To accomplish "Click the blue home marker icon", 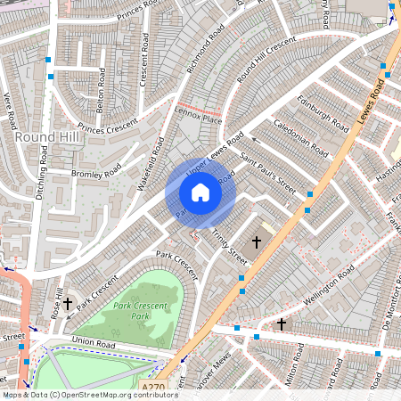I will pos(200,192).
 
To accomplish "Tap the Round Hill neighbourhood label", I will pos(48,137).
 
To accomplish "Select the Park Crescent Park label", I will pos(128,311).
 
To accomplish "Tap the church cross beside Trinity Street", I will pos(257,241).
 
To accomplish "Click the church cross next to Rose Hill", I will pos(68,304).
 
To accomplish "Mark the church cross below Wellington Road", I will pos(282,323).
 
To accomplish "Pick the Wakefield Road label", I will pos(152,148).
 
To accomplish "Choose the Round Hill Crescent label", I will pos(266,60).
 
